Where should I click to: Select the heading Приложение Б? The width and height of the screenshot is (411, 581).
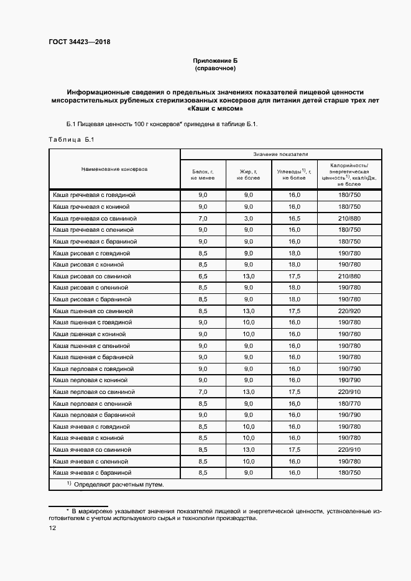point(215,60)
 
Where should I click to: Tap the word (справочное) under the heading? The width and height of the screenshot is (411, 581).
point(215,68)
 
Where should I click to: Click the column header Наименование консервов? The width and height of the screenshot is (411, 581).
point(114,169)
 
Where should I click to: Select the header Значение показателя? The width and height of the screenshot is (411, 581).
point(280,153)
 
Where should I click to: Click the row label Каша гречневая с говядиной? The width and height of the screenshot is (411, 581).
point(94,195)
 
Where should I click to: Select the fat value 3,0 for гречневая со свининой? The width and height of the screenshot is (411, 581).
point(248,219)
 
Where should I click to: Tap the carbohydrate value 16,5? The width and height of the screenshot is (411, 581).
point(294,219)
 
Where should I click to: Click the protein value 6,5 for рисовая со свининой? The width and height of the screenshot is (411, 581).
point(202,276)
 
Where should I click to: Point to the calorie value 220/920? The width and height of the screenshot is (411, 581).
point(349,311)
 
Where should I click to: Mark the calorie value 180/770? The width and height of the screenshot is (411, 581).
point(349,403)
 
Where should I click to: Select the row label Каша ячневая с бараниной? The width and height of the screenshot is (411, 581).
point(94,473)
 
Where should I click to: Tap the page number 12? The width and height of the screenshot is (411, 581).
point(53,528)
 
